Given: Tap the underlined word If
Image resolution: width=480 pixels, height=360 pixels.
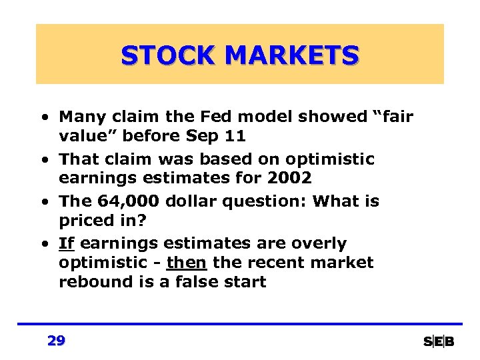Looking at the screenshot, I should click(x=66, y=244).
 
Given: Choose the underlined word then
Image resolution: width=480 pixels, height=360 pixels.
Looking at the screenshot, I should click(x=187, y=263).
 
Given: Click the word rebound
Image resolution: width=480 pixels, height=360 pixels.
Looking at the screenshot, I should click(x=87, y=282).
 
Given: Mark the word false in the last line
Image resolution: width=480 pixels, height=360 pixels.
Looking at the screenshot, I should click(x=196, y=282).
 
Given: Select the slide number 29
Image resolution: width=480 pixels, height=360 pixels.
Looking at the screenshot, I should click(x=57, y=341).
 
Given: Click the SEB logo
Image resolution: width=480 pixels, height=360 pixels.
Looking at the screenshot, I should click(x=439, y=342).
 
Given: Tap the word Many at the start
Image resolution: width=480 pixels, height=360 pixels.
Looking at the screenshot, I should click(x=80, y=117).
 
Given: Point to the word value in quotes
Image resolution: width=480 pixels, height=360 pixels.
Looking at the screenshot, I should click(x=81, y=136).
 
